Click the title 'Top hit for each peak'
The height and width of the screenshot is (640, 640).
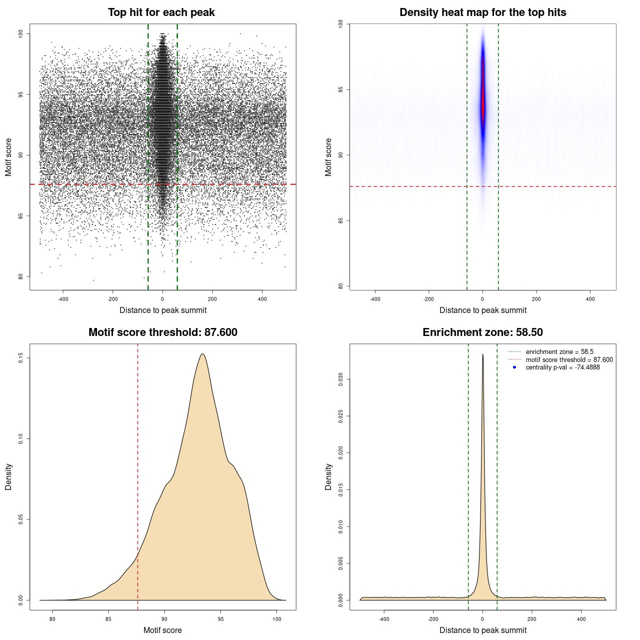(161, 12)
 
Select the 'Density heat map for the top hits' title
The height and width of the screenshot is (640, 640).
(482, 12)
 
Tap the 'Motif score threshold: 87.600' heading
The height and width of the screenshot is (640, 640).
(162, 332)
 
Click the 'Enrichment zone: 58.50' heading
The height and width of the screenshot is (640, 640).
(482, 332)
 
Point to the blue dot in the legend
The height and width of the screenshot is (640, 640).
(514, 367)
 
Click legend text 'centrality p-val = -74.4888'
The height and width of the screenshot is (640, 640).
(562, 367)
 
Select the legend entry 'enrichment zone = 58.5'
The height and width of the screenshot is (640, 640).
(559, 352)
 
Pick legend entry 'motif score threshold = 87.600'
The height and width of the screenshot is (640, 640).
(569, 360)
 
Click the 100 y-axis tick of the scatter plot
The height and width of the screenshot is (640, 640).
(21, 33)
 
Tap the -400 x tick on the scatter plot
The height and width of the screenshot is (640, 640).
(63, 299)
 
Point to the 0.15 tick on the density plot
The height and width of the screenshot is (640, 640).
(21, 358)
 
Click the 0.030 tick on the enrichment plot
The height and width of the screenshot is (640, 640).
(341, 379)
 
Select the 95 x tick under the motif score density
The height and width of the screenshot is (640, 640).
(221, 619)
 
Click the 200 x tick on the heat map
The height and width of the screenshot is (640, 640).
(536, 299)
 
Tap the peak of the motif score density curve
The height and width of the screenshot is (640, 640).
(202, 354)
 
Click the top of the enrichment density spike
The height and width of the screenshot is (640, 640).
(482, 354)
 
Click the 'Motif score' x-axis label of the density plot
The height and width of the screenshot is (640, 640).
(162, 630)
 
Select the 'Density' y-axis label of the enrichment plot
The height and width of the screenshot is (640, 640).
(328, 476)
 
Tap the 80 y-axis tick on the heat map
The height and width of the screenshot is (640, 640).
(341, 286)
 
